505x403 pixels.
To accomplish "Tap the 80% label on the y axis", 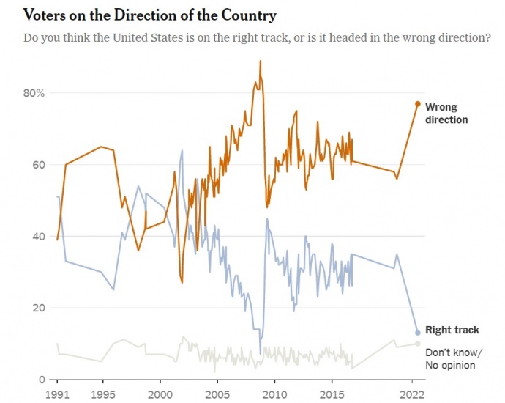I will pos(33,93).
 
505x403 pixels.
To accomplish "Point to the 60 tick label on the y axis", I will pos(37,165).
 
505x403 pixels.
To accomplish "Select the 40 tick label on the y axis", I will pos(37,236).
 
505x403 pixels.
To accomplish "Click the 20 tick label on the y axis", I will pos(37,308).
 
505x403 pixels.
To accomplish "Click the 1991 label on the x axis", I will pos(57,393).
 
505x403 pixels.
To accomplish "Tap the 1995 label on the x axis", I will pos(102,393).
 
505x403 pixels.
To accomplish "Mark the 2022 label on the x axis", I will pos(413,393).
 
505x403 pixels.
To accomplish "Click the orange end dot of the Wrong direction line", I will pos(418,104).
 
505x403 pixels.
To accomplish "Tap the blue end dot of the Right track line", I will pos(418,333).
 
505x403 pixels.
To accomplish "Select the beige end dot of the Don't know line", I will pos(418,344).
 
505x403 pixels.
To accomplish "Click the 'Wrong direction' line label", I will pos(446,114).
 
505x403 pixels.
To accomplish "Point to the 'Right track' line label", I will pos(452,330).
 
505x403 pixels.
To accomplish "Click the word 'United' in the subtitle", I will pos(149,37).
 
